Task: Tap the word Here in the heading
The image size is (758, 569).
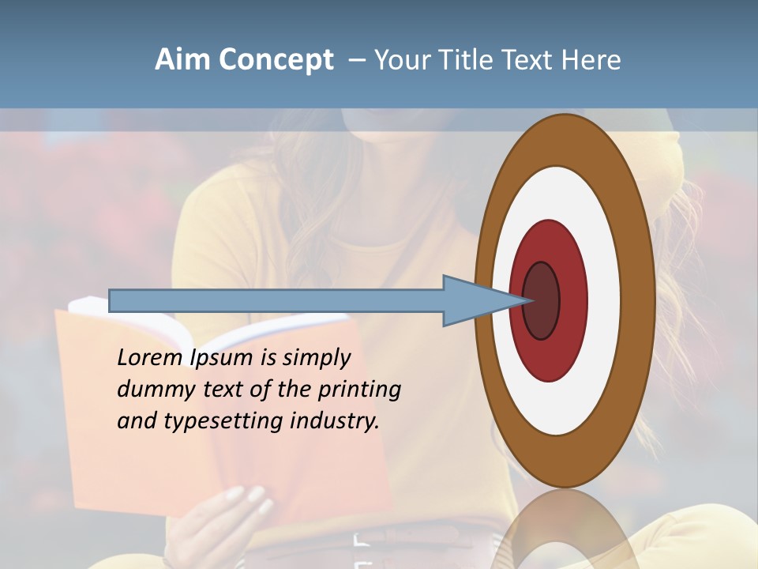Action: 591,60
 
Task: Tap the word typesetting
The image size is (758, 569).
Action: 222,422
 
